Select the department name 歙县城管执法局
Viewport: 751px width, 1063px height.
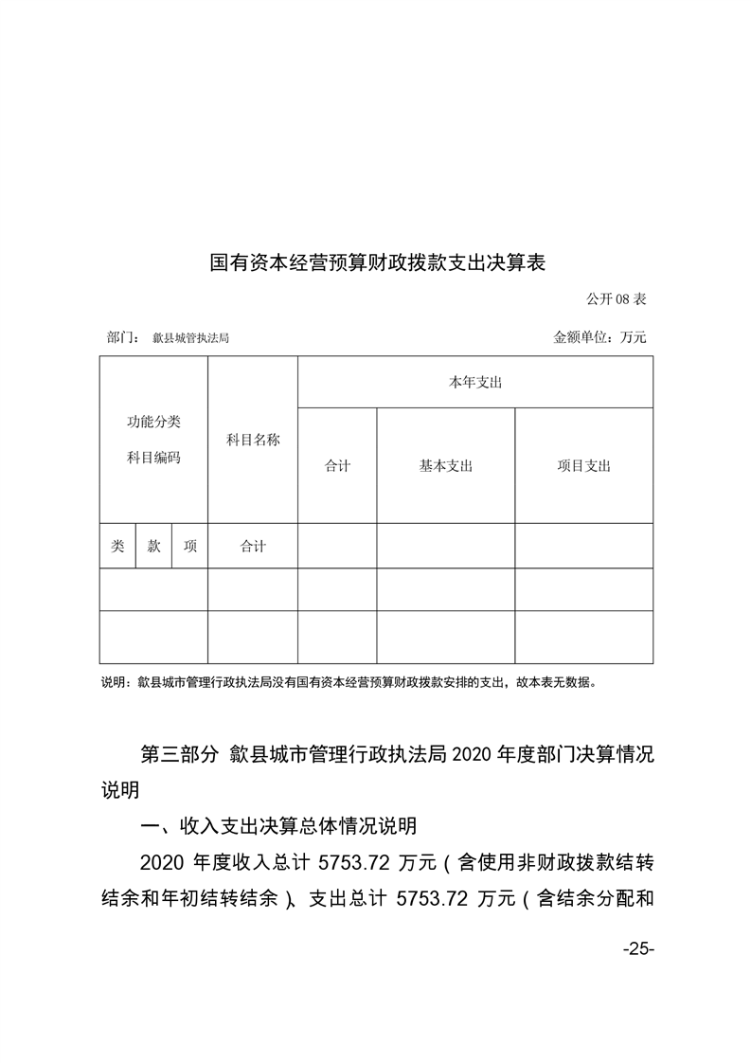[190, 337]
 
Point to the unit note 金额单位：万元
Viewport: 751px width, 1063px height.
[599, 337]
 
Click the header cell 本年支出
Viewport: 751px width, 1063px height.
[474, 383]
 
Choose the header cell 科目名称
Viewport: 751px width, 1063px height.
[253, 440]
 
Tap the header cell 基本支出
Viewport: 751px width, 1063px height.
[445, 466]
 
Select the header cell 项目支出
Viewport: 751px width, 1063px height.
[583, 466]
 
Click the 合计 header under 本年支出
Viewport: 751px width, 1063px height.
[337, 466]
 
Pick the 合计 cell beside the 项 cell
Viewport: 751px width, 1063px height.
[253, 547]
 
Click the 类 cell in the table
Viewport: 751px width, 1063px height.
[117, 547]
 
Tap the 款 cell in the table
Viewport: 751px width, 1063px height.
[153, 547]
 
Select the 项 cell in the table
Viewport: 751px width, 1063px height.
[190, 547]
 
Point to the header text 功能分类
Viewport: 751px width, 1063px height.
[153, 422]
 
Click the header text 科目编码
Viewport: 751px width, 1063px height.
[153, 458]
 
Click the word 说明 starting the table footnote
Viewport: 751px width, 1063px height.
[114, 681]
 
